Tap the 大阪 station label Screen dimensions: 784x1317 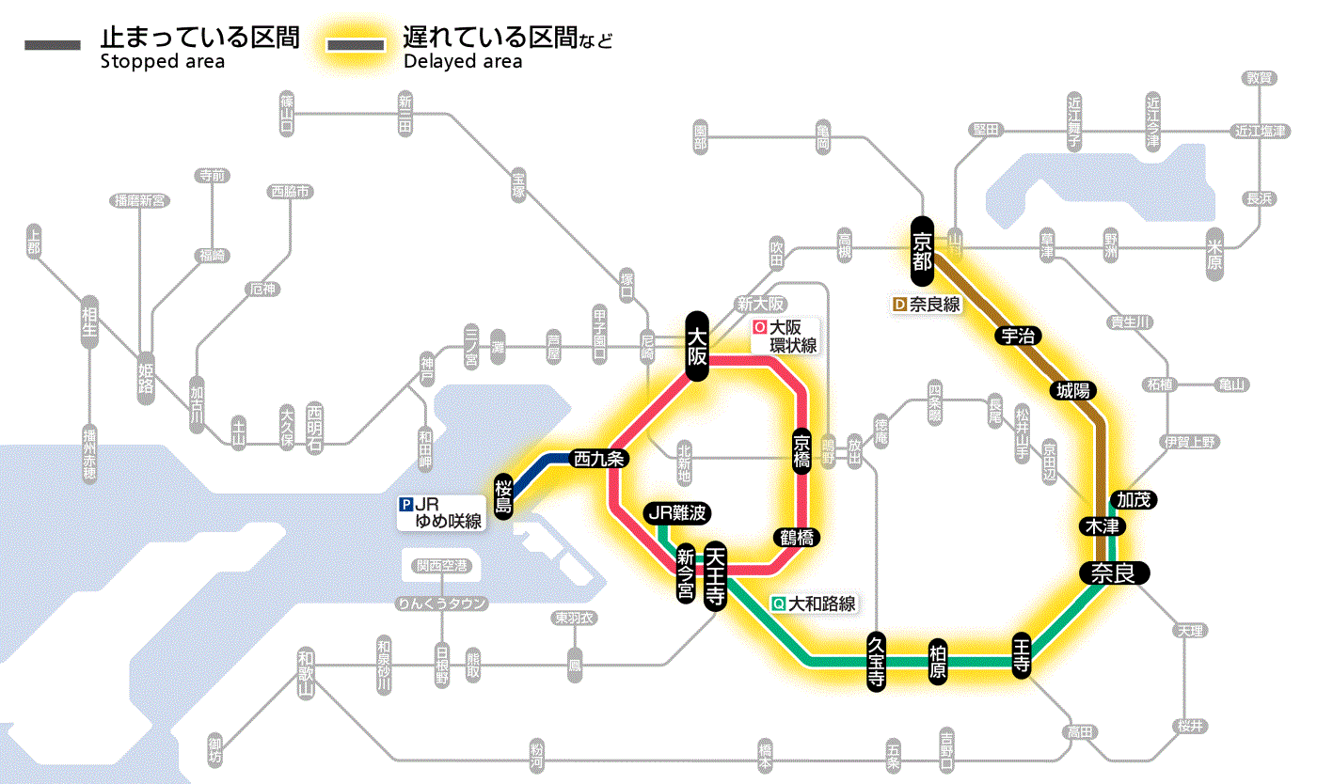coord(697,346)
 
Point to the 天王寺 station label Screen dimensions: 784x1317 coord(715,575)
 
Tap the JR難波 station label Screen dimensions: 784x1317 coord(677,513)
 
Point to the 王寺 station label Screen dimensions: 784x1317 coord(1023,653)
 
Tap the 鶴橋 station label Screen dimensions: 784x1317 coord(796,538)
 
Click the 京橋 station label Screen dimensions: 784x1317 coord(801,452)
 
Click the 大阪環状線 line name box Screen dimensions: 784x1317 coord(785,337)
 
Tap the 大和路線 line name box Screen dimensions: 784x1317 coord(815,604)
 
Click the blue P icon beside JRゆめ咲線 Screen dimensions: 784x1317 coord(406,503)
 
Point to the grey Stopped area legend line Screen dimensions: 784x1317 coord(54,45)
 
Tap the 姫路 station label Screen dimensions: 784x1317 coord(146,378)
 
